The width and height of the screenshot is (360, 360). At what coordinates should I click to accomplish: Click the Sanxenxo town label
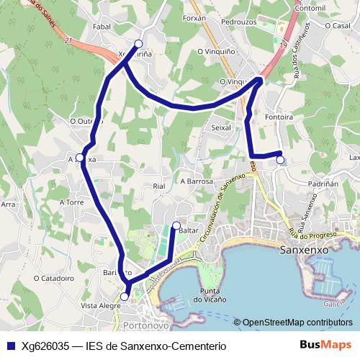coord(302,250)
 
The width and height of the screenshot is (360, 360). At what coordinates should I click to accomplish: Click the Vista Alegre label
coord(100,306)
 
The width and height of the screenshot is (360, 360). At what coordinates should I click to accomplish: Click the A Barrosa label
coord(197,181)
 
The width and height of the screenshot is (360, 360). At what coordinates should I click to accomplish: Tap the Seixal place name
coord(220,127)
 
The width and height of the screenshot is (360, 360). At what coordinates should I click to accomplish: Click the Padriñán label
coord(323,184)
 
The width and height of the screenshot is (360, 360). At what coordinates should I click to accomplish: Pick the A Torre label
coord(72,202)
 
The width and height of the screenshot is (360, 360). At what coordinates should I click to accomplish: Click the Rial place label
coord(160,186)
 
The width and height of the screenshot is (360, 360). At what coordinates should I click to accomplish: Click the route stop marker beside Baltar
coord(176,226)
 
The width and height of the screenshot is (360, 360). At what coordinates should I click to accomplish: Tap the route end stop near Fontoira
coord(280,160)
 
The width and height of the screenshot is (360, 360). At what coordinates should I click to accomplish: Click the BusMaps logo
coord(325,345)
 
